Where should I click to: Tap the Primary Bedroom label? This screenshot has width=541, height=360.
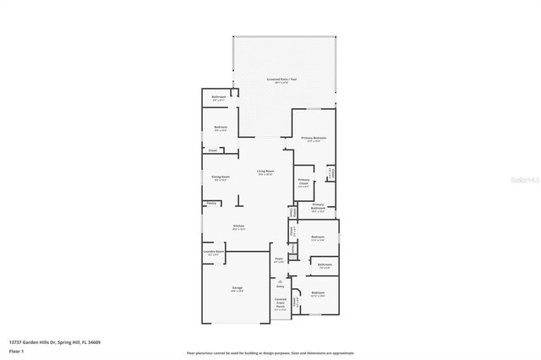coord(314,137)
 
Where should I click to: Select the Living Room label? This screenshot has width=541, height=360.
coord(265,172)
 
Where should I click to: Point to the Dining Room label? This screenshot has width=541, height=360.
coord(220,177)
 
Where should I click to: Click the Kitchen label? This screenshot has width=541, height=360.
coord(239,226)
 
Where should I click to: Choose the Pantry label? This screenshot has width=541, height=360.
coord(210,203)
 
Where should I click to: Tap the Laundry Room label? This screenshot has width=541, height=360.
coord(213,251)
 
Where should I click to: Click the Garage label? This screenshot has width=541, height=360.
coord(238,288)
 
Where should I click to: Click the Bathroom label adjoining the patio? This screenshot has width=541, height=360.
coord(219,98)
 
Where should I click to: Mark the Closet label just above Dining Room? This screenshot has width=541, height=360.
coord(213,150)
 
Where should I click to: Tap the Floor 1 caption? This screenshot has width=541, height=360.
coord(17,351)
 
